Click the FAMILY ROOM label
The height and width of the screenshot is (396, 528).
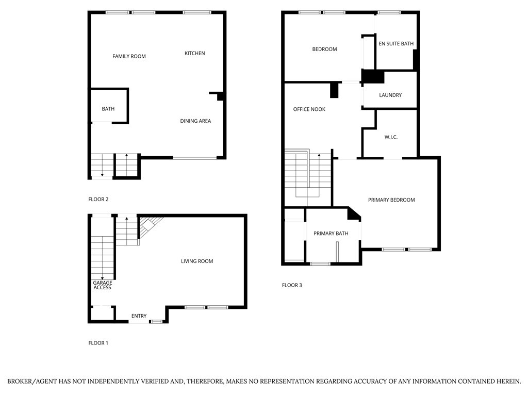[x=129, y=56]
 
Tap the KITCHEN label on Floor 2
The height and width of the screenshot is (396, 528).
[x=195, y=53]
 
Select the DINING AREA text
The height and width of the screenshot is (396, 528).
[x=195, y=121]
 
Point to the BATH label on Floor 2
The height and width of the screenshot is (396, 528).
[x=108, y=109]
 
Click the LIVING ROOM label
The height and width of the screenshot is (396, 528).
[x=196, y=261]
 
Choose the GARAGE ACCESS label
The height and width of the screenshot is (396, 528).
[x=102, y=285]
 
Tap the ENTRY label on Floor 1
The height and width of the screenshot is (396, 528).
[x=139, y=316]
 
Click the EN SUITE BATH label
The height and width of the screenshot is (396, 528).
[x=396, y=44]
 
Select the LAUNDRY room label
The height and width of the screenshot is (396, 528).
[x=390, y=95]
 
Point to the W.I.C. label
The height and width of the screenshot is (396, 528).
[x=391, y=137]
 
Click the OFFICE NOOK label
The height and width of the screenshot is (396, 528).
[x=309, y=109]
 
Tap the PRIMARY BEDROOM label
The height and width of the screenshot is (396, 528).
[x=391, y=200]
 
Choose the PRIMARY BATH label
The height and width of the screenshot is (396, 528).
[x=331, y=234]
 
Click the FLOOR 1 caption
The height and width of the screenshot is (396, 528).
[x=98, y=343]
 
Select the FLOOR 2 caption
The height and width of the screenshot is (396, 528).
[x=98, y=199]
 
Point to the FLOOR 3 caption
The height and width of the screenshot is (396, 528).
[x=292, y=285]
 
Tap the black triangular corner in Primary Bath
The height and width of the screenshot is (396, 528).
[x=354, y=213]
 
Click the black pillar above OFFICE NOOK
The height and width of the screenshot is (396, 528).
[x=334, y=90]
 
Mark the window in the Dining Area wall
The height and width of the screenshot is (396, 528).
[x=194, y=158]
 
